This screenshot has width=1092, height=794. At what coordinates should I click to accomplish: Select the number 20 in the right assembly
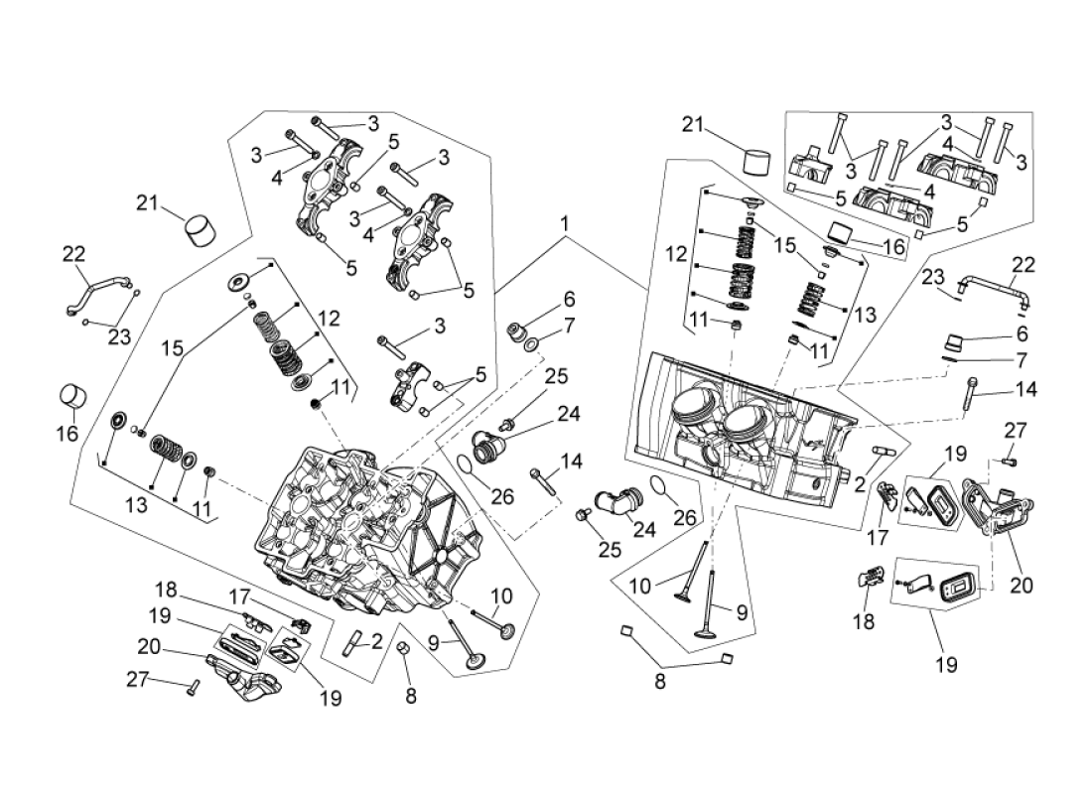1022,586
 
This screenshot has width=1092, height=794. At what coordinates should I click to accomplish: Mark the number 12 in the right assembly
675,255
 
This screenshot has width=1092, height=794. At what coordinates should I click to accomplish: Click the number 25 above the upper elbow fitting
555,376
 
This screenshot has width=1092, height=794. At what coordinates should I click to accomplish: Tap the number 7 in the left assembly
569,325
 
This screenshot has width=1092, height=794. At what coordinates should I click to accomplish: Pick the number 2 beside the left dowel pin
376,642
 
